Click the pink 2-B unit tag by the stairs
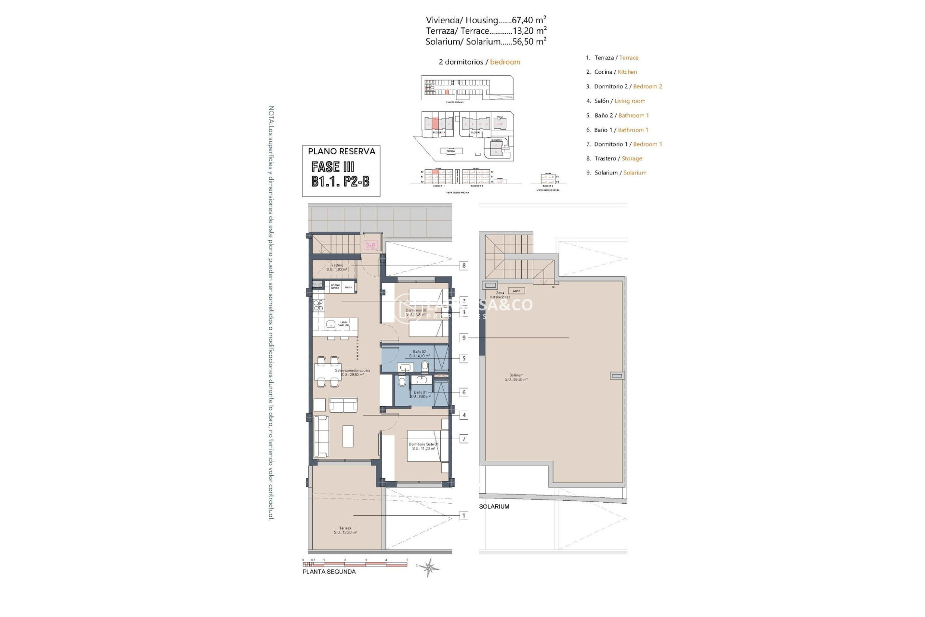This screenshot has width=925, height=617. point(370,245)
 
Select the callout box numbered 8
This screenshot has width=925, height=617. point(463,266)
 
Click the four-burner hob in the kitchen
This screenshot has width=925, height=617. point(318,305)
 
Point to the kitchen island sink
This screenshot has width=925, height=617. point(331,324)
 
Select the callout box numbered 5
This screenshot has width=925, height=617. point(463,358)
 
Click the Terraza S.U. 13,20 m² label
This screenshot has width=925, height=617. point(345,530)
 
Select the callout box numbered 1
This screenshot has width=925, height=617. point(463,516)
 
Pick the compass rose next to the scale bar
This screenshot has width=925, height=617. point(428,568)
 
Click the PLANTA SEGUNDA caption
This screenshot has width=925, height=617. point(329,572)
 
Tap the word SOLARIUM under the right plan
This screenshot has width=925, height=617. point(494,507)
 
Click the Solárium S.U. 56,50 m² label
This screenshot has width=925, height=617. point(516,377)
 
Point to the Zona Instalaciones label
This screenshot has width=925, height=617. point(500,295)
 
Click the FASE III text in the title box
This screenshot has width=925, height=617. point(333,167)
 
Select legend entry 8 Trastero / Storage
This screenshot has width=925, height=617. point(614,158)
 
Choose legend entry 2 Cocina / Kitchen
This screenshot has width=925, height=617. point(611,72)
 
